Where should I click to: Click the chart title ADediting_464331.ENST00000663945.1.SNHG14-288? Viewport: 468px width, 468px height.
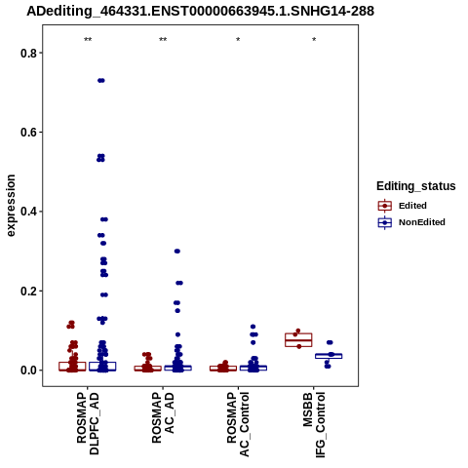[200, 11]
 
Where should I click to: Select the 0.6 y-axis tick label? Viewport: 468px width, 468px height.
[28, 133]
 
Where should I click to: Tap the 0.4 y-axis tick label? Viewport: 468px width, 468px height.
[28, 212]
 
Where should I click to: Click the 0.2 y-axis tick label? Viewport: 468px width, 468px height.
[28, 291]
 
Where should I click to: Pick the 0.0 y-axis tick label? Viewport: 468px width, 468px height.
[28, 370]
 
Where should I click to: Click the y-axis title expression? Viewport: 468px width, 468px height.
[11, 206]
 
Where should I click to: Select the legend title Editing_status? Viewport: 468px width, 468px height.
[416, 186]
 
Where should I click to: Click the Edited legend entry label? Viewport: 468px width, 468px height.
[412, 206]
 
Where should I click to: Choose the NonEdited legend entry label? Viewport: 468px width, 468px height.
[422, 222]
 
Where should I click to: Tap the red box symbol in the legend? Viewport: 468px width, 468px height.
[385, 206]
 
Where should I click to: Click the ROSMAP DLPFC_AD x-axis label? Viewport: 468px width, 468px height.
[88, 423]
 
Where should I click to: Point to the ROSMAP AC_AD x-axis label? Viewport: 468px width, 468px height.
[163, 417]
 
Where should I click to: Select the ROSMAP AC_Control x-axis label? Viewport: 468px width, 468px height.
[238, 424]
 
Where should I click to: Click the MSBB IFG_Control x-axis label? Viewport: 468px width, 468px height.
[314, 425]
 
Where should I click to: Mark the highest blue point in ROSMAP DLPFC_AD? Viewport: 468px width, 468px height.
[101, 81]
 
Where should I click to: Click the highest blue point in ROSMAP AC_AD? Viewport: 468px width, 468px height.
[177, 252]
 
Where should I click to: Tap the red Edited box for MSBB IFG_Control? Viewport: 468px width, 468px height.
[298, 340]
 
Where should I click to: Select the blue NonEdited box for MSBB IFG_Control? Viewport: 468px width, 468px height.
[329, 356]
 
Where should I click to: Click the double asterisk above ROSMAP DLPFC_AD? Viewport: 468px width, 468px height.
[88, 40]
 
